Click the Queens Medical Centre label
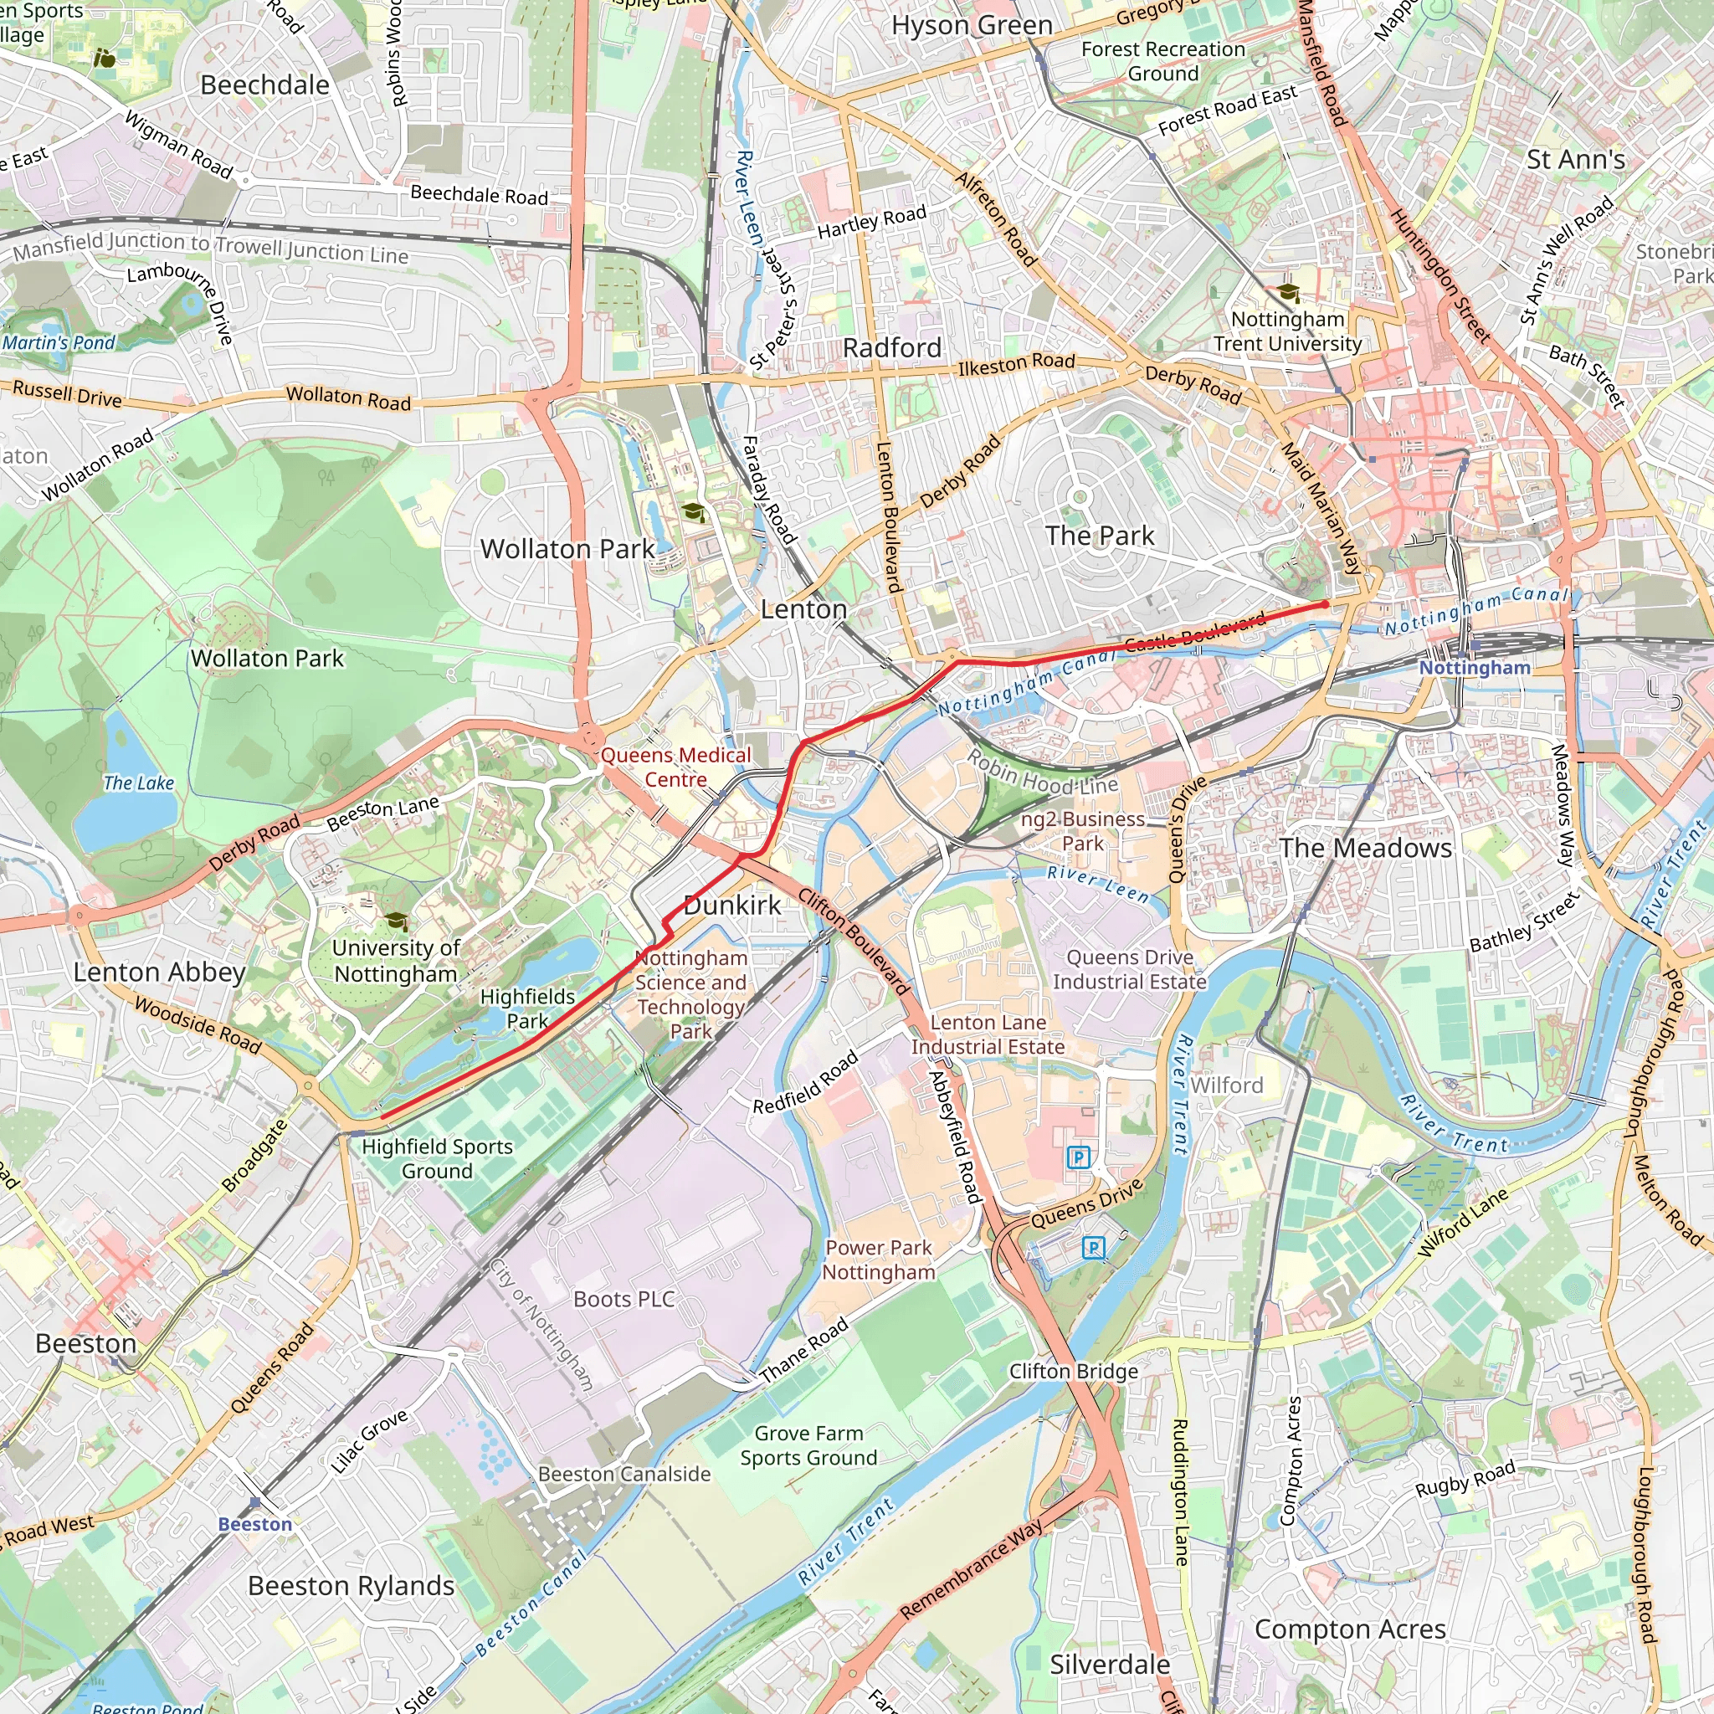(675, 767)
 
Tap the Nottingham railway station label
(1475, 668)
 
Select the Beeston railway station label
(254, 1524)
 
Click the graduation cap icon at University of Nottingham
(396, 921)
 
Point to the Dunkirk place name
(732, 905)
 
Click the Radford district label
(891, 348)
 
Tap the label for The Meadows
(1364, 848)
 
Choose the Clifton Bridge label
(1073, 1372)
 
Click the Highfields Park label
(527, 1008)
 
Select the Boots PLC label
(624, 1300)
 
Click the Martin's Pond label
(59, 342)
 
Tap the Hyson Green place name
(972, 26)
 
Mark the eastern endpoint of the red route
(1326, 604)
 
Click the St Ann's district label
(1576, 160)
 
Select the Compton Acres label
(1349, 1629)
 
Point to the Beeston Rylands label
(351, 1585)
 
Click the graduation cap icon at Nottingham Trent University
(1288, 293)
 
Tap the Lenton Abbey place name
(159, 972)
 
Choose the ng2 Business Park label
(1082, 831)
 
